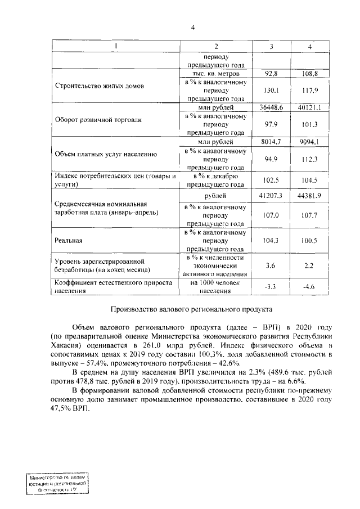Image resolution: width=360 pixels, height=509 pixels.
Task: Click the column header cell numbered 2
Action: [x=215, y=46]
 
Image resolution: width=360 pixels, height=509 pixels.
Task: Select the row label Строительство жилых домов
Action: [x=100, y=87]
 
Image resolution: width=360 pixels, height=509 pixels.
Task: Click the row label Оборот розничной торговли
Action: [x=98, y=120]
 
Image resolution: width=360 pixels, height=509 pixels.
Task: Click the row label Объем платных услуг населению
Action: [x=106, y=154]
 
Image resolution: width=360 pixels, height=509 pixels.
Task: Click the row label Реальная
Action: [x=69, y=241]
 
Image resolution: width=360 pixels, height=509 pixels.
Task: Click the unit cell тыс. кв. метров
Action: [x=215, y=74]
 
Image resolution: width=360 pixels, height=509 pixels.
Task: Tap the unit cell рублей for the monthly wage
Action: [x=215, y=195]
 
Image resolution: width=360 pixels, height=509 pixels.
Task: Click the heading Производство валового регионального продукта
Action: [x=192, y=309]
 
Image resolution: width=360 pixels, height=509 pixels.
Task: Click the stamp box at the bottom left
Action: [x=57, y=483]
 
